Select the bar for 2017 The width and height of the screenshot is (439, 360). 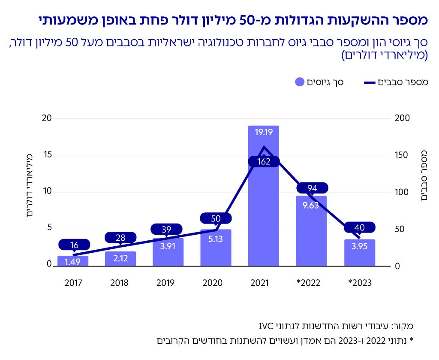pos(73,261)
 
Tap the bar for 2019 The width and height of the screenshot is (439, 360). pos(168,253)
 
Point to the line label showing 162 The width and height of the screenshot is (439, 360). pos(263,162)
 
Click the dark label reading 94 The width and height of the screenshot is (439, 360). pos(312,188)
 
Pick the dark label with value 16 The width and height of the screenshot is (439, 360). pos(74,245)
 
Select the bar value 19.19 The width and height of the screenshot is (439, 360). pos(263,133)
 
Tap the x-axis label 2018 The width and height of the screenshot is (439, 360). pos(120,283)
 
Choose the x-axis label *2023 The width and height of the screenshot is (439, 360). pos(359,283)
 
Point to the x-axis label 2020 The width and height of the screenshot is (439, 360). pos(216,283)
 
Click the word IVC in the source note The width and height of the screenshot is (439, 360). pos(266,324)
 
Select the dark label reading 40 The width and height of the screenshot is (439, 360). pos(359,227)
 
